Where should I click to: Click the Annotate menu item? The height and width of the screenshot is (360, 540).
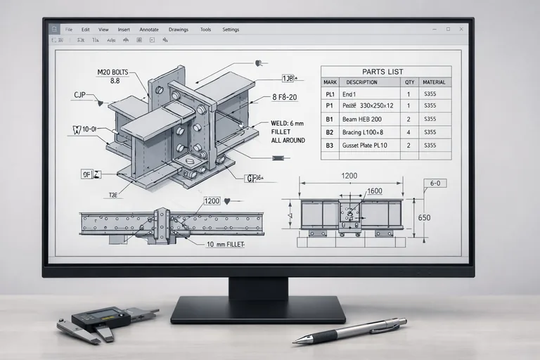click(149, 30)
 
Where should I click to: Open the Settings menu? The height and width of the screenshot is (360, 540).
click(231, 30)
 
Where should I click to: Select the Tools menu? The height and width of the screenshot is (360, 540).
click(205, 30)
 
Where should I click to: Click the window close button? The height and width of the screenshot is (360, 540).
click(461, 29)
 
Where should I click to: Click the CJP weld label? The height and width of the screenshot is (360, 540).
click(79, 94)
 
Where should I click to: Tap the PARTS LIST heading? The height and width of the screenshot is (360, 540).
click(382, 72)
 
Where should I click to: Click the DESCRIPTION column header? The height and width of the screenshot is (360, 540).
click(361, 82)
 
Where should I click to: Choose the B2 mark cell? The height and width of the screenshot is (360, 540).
click(329, 132)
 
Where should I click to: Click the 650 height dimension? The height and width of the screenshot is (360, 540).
click(424, 217)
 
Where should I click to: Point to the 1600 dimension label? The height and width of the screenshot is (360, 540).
click(373, 191)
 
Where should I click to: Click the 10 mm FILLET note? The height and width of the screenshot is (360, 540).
click(229, 245)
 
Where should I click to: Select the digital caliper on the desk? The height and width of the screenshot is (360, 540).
click(105, 321)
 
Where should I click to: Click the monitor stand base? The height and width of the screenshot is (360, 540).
click(258, 309)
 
